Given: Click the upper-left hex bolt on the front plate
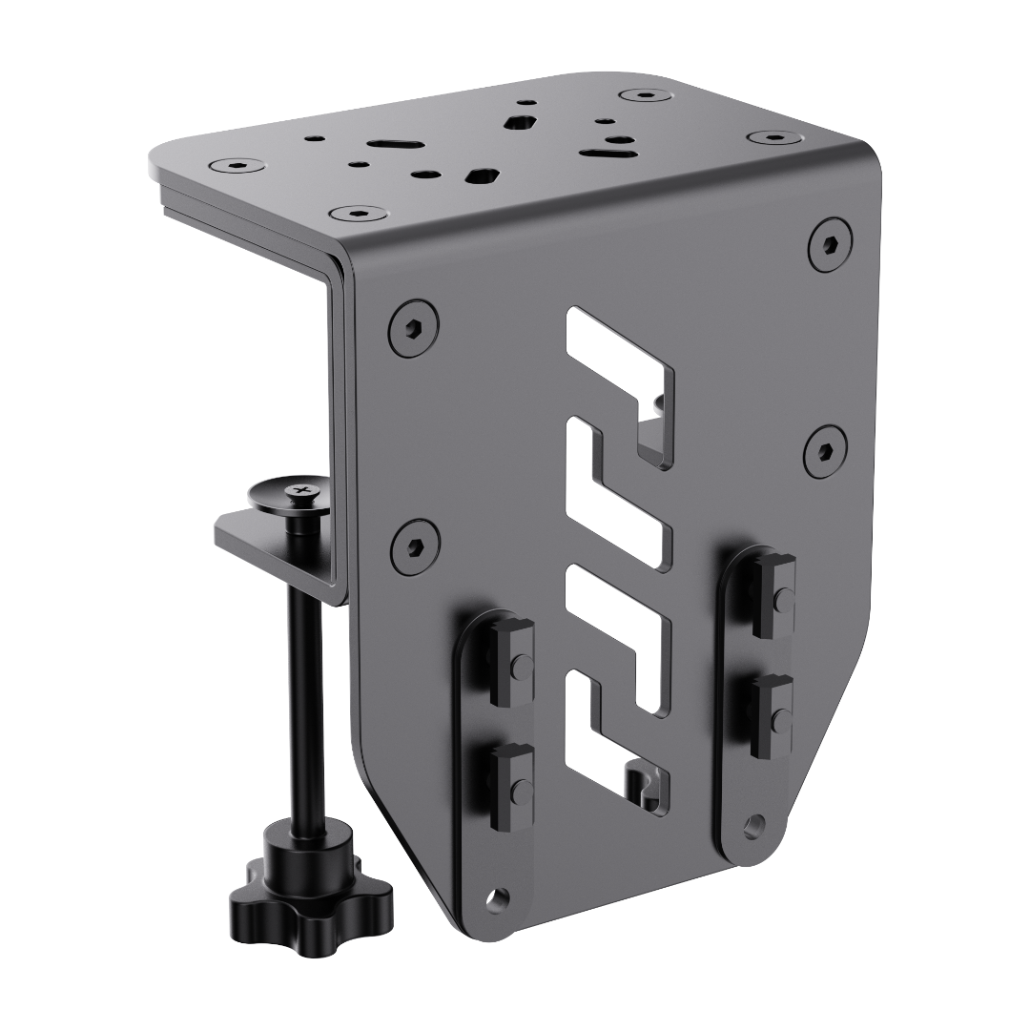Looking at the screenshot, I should tap(413, 328).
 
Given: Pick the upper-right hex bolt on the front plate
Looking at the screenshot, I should tap(829, 245).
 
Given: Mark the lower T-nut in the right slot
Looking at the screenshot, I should tap(772, 714).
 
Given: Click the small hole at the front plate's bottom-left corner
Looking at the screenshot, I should tap(494, 897).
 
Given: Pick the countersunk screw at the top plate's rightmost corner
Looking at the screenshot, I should tap(774, 137).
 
